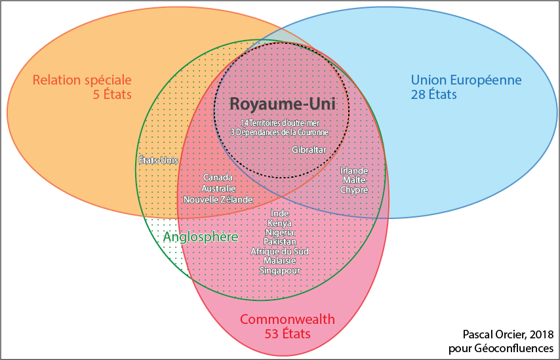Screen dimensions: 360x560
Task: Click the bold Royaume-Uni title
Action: pos(281,104)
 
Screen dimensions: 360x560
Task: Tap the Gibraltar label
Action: pos(309,150)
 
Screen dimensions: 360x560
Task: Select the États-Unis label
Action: pos(158,160)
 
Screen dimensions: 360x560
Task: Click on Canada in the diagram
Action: pos(218,178)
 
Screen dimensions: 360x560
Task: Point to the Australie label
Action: pos(218,188)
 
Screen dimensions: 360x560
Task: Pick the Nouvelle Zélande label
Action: pos(218,199)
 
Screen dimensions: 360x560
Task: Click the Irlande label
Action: pos(354,171)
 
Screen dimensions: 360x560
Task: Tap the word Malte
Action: pos(354,180)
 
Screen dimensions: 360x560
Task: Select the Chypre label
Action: pos(354,190)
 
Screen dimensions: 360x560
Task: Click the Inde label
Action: pos(279,214)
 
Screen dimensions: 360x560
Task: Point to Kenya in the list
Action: pos(279,223)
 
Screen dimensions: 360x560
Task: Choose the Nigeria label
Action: pos(279,232)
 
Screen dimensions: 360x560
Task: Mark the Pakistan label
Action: pos(279,242)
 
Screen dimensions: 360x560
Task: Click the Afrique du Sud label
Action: pos(279,251)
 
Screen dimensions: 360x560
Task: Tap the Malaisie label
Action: pos(279,260)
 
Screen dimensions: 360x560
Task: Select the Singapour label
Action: pos(279,270)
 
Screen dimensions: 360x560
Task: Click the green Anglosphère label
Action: pos(200,237)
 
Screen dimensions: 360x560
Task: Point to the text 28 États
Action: pos(433,94)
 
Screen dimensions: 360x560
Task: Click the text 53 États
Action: pos(287,334)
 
